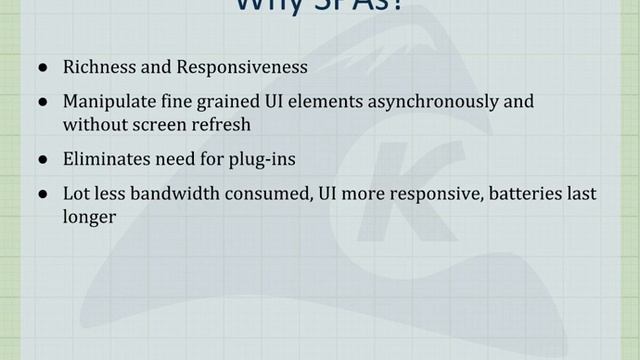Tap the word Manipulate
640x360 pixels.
[107, 102]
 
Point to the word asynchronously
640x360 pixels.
[410, 102]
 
